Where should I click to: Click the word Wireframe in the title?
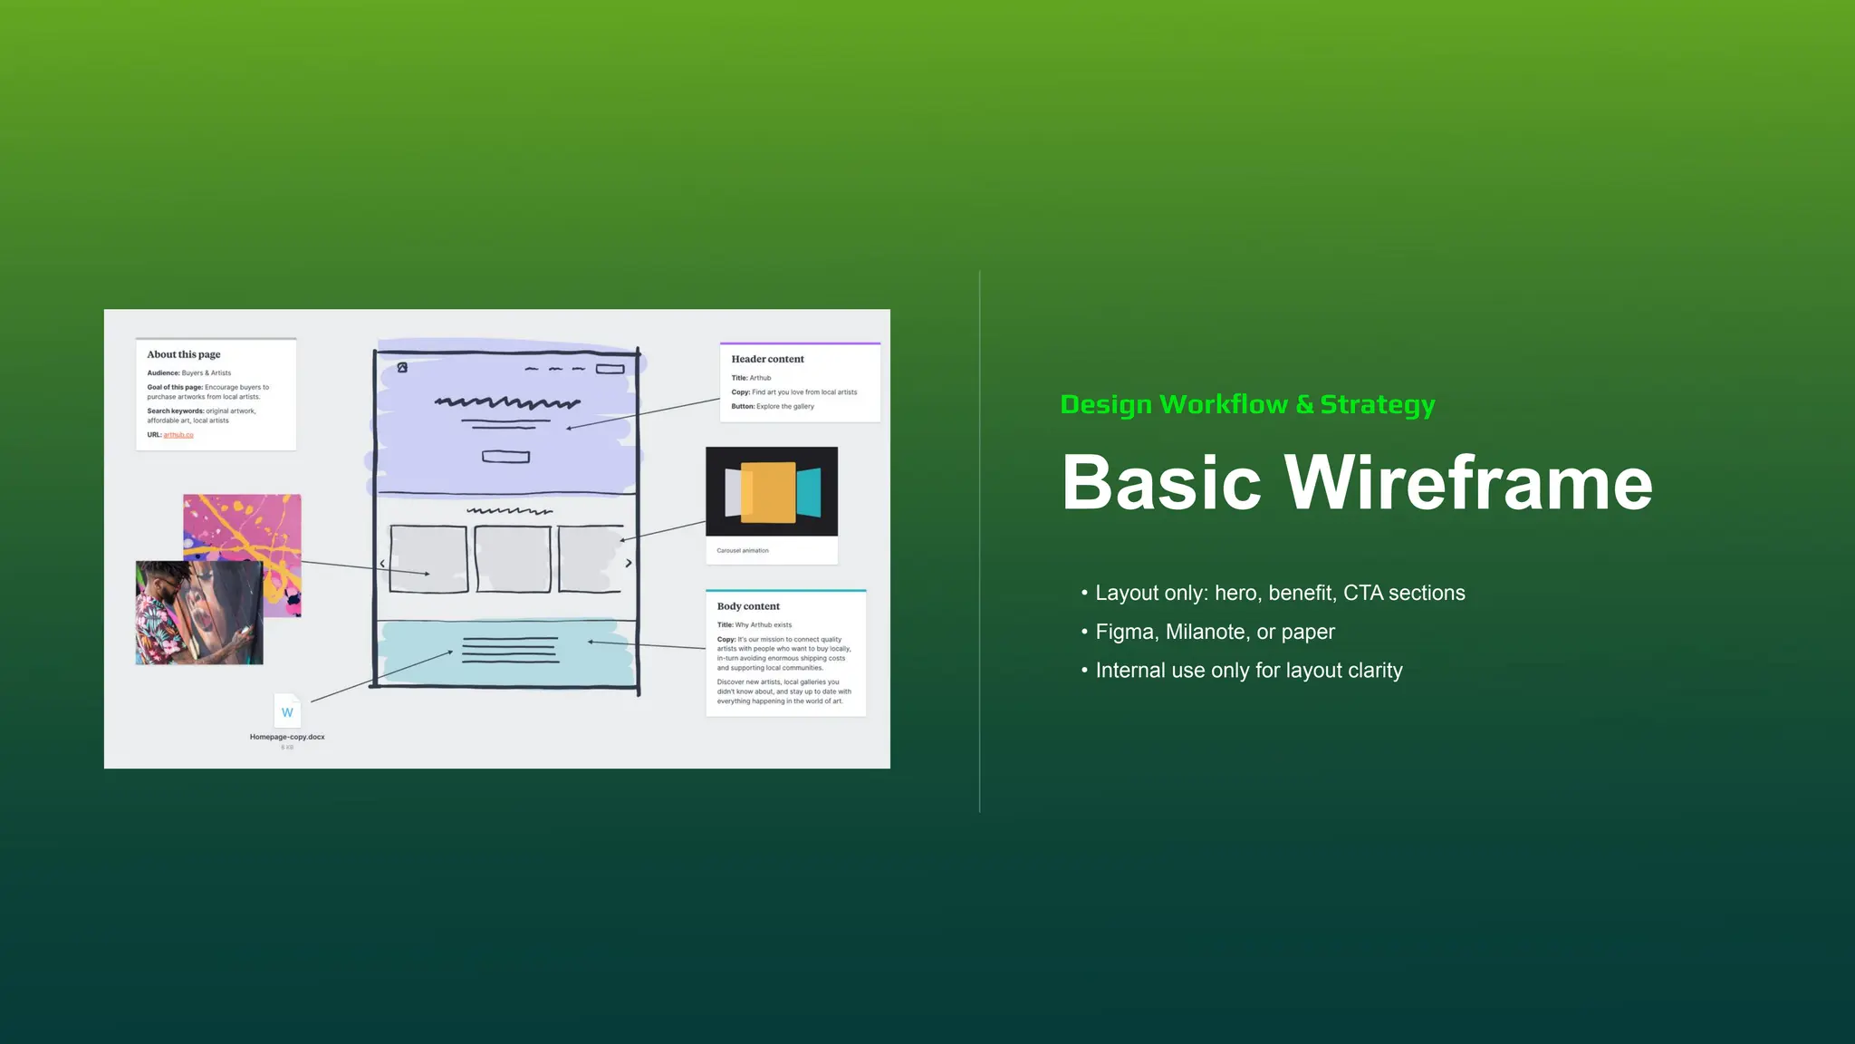click(1468, 483)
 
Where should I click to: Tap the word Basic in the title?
click(1161, 483)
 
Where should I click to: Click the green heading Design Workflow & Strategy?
click(1247, 404)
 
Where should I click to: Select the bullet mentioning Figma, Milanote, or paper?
click(1215, 632)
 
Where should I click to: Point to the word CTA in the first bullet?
click(1362, 593)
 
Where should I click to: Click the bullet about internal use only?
click(1248, 671)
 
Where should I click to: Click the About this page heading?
click(184, 354)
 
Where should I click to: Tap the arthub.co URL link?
click(178, 435)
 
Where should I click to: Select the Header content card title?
click(767, 359)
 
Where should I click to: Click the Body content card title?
click(748, 606)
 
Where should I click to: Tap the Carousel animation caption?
click(743, 551)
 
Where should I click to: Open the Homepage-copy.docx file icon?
click(287, 712)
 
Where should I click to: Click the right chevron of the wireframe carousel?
click(629, 563)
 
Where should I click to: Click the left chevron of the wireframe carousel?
click(382, 564)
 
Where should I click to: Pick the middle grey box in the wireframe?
click(513, 559)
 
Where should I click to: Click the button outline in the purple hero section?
click(505, 457)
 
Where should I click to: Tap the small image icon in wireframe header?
click(402, 367)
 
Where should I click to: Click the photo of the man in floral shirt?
click(199, 614)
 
